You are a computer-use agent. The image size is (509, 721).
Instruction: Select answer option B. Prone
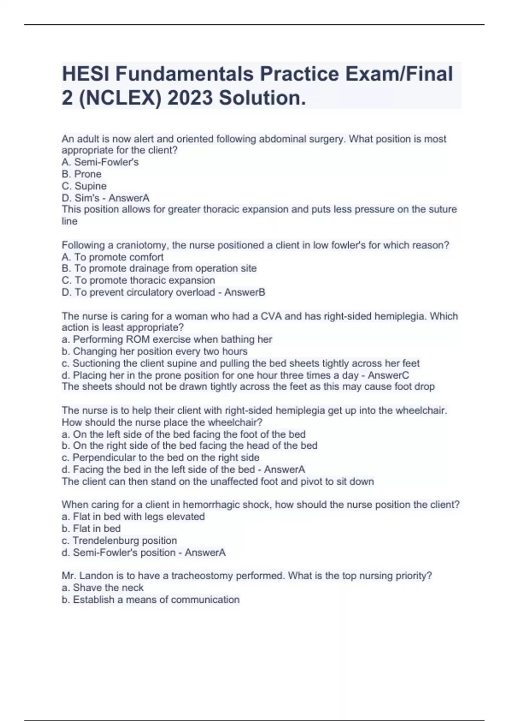point(81,174)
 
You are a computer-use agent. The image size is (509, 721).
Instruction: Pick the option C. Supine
point(84,186)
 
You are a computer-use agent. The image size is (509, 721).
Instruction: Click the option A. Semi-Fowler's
point(100,162)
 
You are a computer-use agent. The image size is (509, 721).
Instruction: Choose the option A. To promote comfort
point(112,257)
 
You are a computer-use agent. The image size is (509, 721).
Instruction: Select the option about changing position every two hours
point(154,351)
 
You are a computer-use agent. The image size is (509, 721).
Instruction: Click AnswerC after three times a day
point(388,375)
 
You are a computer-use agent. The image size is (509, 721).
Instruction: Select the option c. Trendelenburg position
point(119,540)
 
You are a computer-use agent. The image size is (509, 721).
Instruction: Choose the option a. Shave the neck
point(102,587)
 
